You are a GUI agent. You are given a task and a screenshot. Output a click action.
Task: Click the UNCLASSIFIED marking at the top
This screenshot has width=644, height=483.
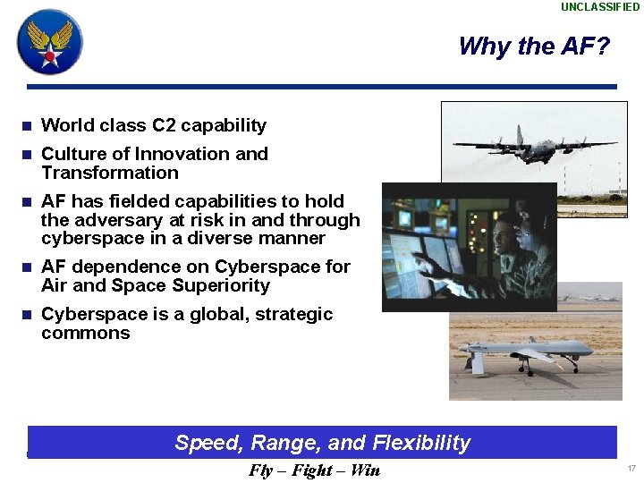pyautogui.click(x=600, y=7)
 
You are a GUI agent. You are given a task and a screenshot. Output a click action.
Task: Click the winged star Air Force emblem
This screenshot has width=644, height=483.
pyautogui.click(x=50, y=42)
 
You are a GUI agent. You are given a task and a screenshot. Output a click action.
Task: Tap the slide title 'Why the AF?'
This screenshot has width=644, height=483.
pyautogui.click(x=533, y=46)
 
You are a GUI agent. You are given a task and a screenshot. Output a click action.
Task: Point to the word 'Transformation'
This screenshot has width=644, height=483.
pyautogui.click(x=110, y=173)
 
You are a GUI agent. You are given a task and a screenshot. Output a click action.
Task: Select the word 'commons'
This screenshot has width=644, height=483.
pyautogui.click(x=86, y=334)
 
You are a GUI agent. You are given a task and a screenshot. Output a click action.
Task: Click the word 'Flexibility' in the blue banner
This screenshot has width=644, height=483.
pyautogui.click(x=421, y=443)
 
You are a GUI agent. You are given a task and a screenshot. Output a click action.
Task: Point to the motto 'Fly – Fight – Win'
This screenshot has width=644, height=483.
pyautogui.click(x=314, y=470)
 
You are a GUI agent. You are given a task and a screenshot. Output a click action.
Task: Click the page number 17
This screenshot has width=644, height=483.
pyautogui.click(x=631, y=469)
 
